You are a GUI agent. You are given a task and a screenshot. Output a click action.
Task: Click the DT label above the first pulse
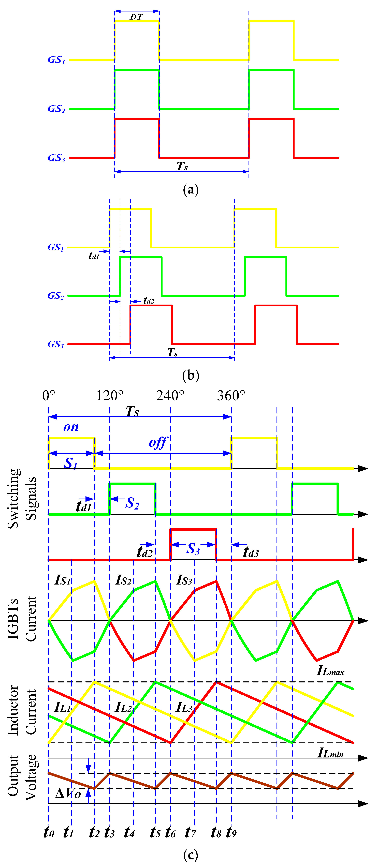(136, 17)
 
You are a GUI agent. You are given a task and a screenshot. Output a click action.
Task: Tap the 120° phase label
(110, 395)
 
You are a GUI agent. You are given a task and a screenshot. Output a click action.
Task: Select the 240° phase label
(170, 395)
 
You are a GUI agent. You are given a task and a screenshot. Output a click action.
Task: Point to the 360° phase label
(231, 395)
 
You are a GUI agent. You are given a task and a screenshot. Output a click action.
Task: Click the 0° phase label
(49, 395)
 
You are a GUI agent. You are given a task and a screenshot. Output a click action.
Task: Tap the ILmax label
(330, 670)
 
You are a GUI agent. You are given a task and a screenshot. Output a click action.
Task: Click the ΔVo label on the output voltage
(68, 793)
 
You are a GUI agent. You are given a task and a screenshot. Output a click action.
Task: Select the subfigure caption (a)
(191, 189)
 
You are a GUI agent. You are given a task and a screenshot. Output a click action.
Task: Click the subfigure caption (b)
(191, 375)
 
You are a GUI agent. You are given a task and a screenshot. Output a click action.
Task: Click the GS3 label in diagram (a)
(56, 158)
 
